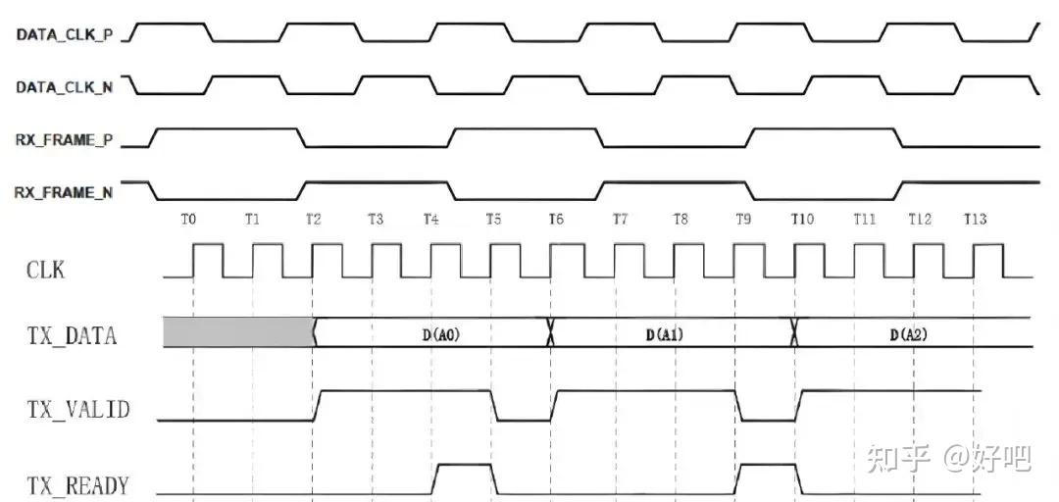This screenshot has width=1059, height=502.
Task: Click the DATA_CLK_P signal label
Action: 64,34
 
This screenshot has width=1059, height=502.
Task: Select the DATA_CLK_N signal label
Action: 64,87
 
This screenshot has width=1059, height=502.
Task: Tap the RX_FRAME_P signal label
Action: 63,140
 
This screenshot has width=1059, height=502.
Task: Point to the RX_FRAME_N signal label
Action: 63,192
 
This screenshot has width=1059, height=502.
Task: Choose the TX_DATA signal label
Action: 72,336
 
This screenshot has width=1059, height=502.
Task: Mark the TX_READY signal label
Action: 77,484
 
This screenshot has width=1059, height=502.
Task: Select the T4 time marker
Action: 430,220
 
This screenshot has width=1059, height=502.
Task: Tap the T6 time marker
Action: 556,220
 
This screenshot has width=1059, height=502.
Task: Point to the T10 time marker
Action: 802,220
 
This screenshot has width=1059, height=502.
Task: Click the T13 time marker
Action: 975,220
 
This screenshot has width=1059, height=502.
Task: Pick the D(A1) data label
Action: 664,334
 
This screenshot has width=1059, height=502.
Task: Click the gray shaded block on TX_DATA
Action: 237,332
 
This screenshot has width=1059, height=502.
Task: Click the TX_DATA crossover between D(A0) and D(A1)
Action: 550,333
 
